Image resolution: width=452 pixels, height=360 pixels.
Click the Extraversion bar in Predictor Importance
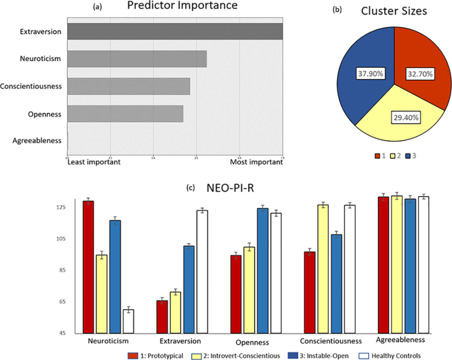coord(175,32)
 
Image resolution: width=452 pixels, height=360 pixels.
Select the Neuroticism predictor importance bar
coord(137,59)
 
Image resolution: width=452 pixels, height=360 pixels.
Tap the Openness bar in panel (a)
coord(125,114)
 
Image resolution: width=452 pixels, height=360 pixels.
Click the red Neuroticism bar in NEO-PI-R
coord(89,267)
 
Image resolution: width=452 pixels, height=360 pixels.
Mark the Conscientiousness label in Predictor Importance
coord(31,86)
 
